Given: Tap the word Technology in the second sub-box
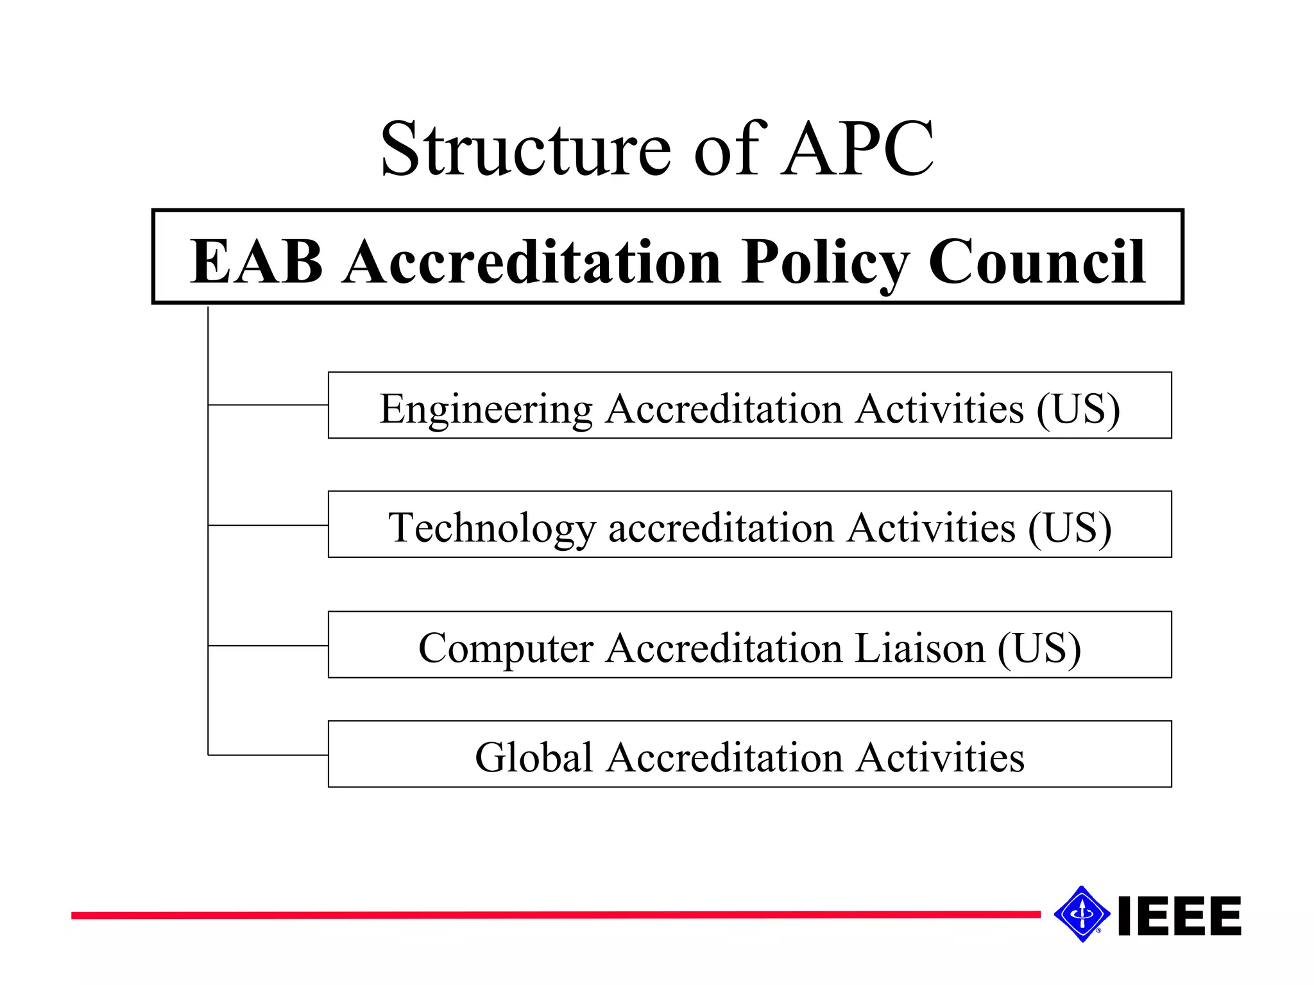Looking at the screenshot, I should click(492, 528).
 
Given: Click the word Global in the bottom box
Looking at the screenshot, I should click(534, 757).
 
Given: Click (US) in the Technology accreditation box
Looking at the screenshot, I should click(1070, 528).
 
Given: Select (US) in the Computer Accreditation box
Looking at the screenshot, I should click(1039, 648).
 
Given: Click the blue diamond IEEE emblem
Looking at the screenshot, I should click(1082, 914).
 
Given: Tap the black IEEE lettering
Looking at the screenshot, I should click(1179, 916).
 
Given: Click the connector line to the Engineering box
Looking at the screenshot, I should click(268, 405).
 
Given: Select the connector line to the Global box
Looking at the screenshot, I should click(268, 755).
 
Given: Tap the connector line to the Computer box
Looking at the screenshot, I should click(268, 645).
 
